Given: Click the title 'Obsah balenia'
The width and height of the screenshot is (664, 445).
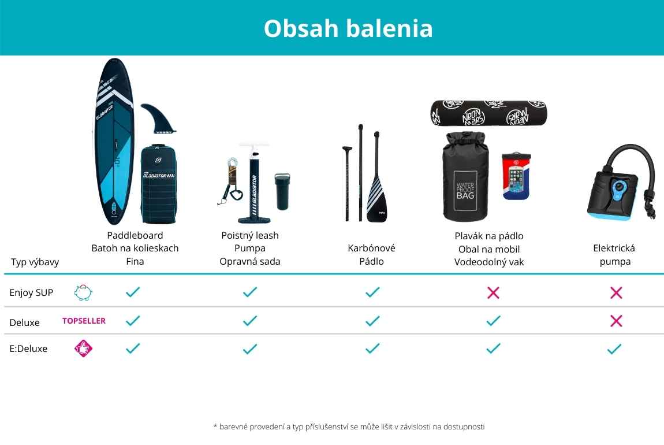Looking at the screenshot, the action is coord(348,28).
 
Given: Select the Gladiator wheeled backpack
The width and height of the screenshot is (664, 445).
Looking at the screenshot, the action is coord(158,184).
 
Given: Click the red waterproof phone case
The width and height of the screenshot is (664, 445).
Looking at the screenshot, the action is coord(516,176).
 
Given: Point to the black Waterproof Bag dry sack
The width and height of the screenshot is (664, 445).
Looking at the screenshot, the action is coord(465,177).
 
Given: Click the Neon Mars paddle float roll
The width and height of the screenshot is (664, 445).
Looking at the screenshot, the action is coord(488,113).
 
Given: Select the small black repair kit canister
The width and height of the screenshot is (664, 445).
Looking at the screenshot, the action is coord(282,191).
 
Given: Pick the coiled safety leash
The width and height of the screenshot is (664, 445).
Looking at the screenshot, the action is coord(231,181).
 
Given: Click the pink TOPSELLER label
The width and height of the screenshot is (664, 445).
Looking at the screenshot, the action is coord(84,321).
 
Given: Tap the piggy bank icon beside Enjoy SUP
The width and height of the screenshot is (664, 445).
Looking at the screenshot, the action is coord(83,292).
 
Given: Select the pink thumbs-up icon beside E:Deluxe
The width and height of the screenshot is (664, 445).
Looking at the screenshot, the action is coord(83,348).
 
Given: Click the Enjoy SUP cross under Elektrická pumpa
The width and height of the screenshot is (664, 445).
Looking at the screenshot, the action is coord(616,292).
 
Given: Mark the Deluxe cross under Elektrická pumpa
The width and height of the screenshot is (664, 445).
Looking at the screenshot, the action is coord(616,321).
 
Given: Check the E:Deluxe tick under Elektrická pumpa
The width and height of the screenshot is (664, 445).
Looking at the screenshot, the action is coord(614,349).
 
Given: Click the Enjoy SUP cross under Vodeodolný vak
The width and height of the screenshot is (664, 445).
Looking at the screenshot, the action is coord(493,292).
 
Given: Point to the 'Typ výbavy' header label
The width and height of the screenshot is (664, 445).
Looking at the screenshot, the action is coord(35,262).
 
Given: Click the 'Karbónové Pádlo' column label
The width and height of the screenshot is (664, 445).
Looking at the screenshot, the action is coord(371,254).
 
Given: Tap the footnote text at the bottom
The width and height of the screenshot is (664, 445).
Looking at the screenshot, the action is coord(349,427).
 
